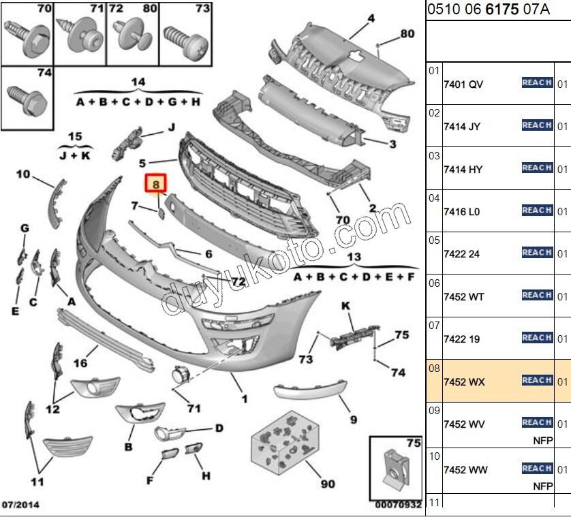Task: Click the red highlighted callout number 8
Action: click(156, 184)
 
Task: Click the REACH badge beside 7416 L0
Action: click(537, 210)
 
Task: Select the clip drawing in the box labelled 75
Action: click(395, 469)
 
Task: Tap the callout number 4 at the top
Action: click(371, 18)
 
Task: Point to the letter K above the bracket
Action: click(345, 307)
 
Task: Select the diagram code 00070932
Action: click(397, 505)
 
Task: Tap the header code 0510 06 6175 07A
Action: click(488, 10)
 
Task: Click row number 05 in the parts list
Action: click(434, 240)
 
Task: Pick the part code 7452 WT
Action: click(463, 297)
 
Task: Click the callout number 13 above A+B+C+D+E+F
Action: click(354, 257)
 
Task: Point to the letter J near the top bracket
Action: click(172, 127)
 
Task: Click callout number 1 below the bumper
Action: click(244, 398)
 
